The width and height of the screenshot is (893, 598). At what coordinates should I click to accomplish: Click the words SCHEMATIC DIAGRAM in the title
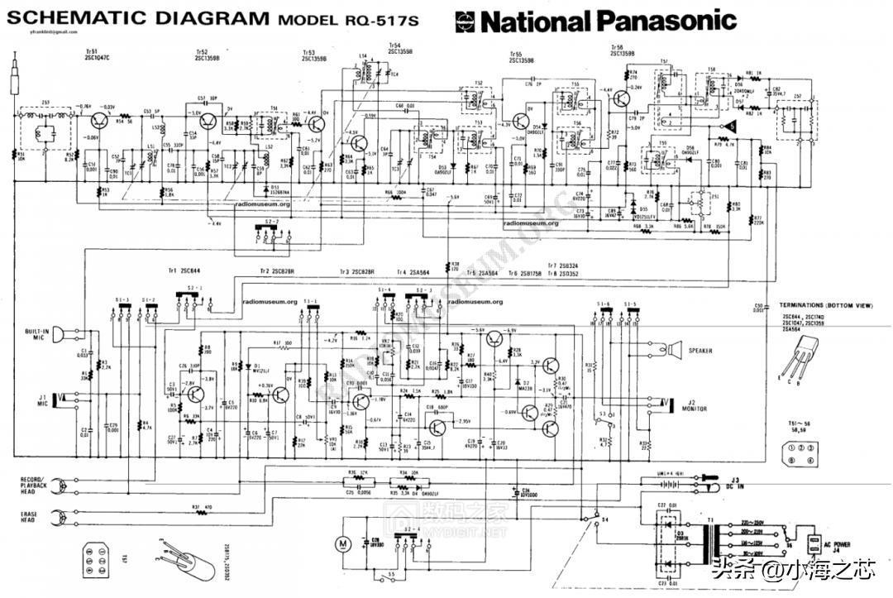136,18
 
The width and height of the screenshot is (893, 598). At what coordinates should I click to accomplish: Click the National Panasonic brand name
595,20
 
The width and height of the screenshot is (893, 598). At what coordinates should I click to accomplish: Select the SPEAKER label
700,351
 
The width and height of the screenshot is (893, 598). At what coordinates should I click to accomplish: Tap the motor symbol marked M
341,543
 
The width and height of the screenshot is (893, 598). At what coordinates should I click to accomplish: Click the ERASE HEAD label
29,516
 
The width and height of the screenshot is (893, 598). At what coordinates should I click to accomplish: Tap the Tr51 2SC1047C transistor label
97,55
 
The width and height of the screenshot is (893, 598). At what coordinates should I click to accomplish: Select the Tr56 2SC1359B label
622,50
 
